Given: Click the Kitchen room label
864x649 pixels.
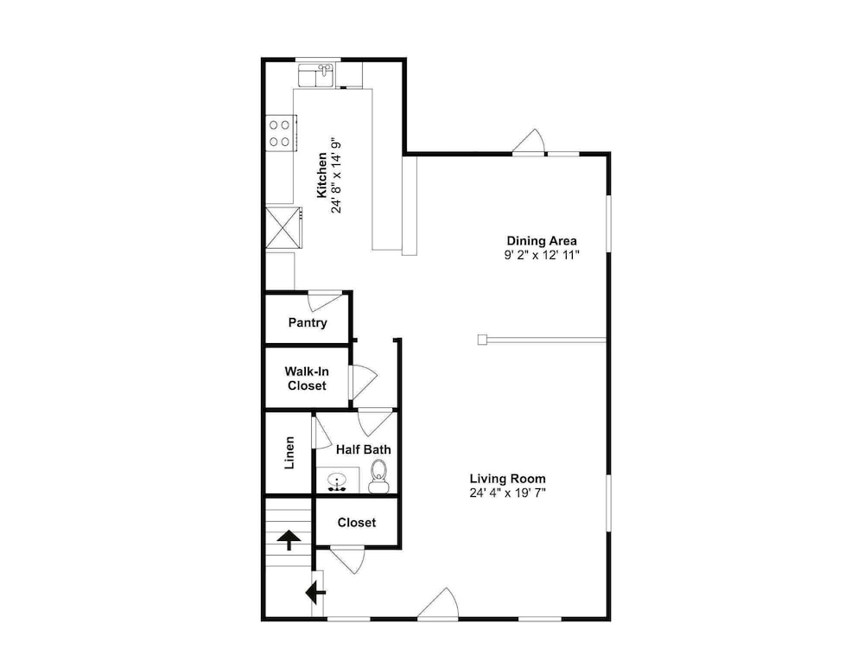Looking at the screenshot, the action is point(321,175).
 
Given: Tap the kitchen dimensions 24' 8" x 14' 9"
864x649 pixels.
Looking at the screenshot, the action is point(337,175).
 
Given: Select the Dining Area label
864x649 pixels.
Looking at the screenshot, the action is point(542,241).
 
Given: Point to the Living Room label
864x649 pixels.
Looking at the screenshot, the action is point(507,479).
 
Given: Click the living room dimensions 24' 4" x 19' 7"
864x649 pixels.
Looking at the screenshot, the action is point(507,493).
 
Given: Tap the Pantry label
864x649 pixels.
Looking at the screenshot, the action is point(308,323).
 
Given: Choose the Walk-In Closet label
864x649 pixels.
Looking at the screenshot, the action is point(307,379).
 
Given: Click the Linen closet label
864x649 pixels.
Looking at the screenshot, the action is point(289,453).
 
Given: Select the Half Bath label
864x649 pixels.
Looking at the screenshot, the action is point(364,449).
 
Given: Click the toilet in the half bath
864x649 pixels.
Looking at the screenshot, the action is point(378,476).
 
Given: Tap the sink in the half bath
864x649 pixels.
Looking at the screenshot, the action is point(337,481).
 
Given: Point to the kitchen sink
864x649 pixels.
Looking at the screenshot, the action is point(316,75).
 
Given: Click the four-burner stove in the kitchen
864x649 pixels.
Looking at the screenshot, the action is point(281,133).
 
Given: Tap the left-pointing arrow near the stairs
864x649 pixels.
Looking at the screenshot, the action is point(315,593).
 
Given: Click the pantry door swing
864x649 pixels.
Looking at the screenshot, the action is point(325,301).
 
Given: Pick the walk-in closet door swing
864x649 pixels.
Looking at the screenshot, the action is point(363,382).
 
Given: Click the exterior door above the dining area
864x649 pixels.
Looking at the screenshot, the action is point(529,142).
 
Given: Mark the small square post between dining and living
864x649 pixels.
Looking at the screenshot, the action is point(483,340).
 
